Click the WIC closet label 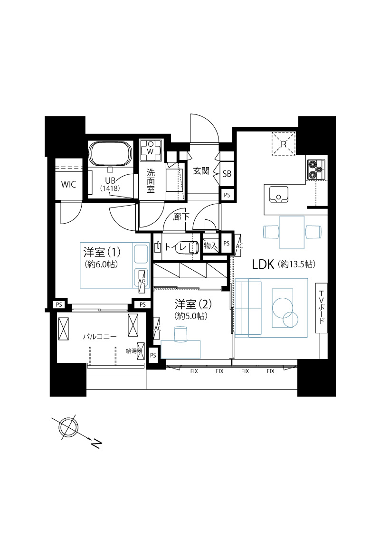pyautogui.click(x=68, y=184)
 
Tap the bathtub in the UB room pyautogui.click(x=110, y=153)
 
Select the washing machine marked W pyautogui.click(x=151, y=150)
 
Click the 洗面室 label pyautogui.click(x=151, y=180)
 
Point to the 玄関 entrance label pyautogui.click(x=201, y=170)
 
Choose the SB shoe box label pyautogui.click(x=227, y=174)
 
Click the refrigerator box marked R pyautogui.click(x=284, y=144)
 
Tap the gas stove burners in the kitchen pyautogui.click(x=316, y=170)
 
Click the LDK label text pyautogui.click(x=263, y=264)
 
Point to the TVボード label pyautogui.click(x=321, y=307)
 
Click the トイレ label pyautogui.click(x=176, y=247)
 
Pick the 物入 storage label pyautogui.click(x=210, y=245)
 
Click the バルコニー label pyautogui.click(x=100, y=337)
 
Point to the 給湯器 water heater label pyautogui.click(x=134, y=351)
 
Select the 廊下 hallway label pyautogui.click(x=181, y=217)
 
